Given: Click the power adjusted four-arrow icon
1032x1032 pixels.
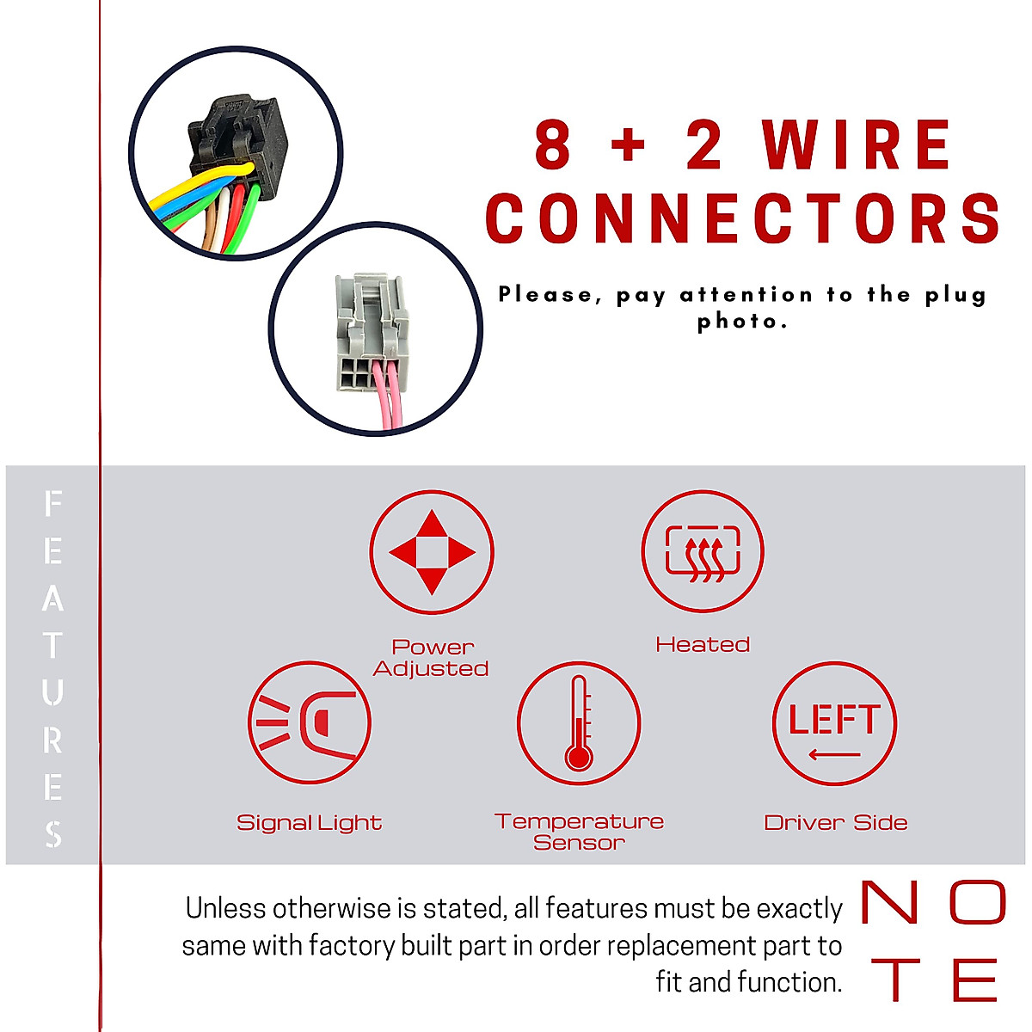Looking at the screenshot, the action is (432, 552).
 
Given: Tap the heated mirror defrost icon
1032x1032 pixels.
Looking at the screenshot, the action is (703, 551).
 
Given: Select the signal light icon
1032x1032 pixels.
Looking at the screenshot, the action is (310, 722).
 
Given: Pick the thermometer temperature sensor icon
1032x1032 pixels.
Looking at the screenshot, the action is (579, 723).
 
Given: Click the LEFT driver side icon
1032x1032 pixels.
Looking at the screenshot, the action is (834, 723).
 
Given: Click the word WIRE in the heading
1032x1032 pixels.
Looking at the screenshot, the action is (857, 145).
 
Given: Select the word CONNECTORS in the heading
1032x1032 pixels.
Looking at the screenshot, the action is (744, 218).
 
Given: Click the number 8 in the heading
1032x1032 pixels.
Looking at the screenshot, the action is (553, 145).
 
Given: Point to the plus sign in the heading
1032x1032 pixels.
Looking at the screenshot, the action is (629, 145).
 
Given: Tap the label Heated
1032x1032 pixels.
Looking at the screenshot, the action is (703, 644).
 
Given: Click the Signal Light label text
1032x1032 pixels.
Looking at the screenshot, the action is (310, 823).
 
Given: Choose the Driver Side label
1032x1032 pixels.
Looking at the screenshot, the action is (835, 823).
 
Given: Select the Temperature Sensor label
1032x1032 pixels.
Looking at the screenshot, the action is (579, 832).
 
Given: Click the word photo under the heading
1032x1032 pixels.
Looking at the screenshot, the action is (741, 322).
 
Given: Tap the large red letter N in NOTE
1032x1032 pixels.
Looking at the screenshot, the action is (889, 903).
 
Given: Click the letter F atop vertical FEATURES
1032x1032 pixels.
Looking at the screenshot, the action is (53, 504).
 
